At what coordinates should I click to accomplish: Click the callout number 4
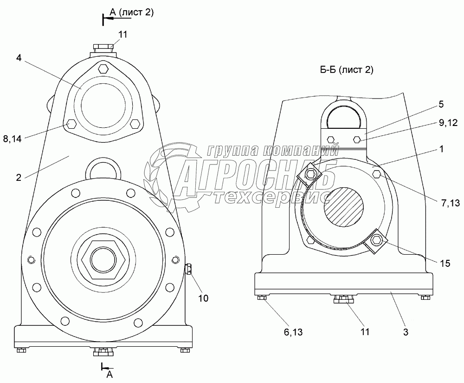(19, 58)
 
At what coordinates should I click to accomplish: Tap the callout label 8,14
(13, 139)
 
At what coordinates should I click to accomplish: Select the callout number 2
(19, 178)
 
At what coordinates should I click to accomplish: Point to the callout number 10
(203, 298)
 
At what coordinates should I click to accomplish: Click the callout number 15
(445, 263)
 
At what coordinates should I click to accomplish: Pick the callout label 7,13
(451, 203)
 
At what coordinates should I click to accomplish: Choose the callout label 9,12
(448, 122)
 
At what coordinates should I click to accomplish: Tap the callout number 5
(441, 104)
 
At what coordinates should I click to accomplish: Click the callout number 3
(406, 332)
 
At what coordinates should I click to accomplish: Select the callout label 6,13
(293, 332)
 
